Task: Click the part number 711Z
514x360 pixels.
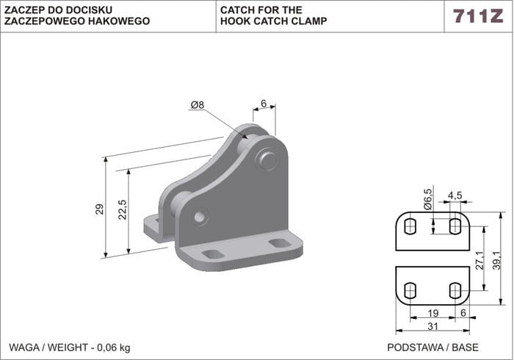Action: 478,16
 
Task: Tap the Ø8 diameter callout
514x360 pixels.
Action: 197,105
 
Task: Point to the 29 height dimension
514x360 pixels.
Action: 101,209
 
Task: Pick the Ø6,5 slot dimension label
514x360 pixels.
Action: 427,198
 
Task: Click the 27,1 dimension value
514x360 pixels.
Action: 479,260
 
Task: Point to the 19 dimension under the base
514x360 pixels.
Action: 433,313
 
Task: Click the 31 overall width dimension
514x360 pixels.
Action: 432,326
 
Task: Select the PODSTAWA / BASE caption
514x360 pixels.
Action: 421,345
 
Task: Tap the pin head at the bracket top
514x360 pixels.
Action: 267,159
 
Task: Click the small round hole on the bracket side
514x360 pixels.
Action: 200,218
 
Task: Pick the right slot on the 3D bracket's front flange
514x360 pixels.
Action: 279,243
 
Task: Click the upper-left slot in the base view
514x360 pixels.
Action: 411,224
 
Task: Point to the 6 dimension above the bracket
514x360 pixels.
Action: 263,104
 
